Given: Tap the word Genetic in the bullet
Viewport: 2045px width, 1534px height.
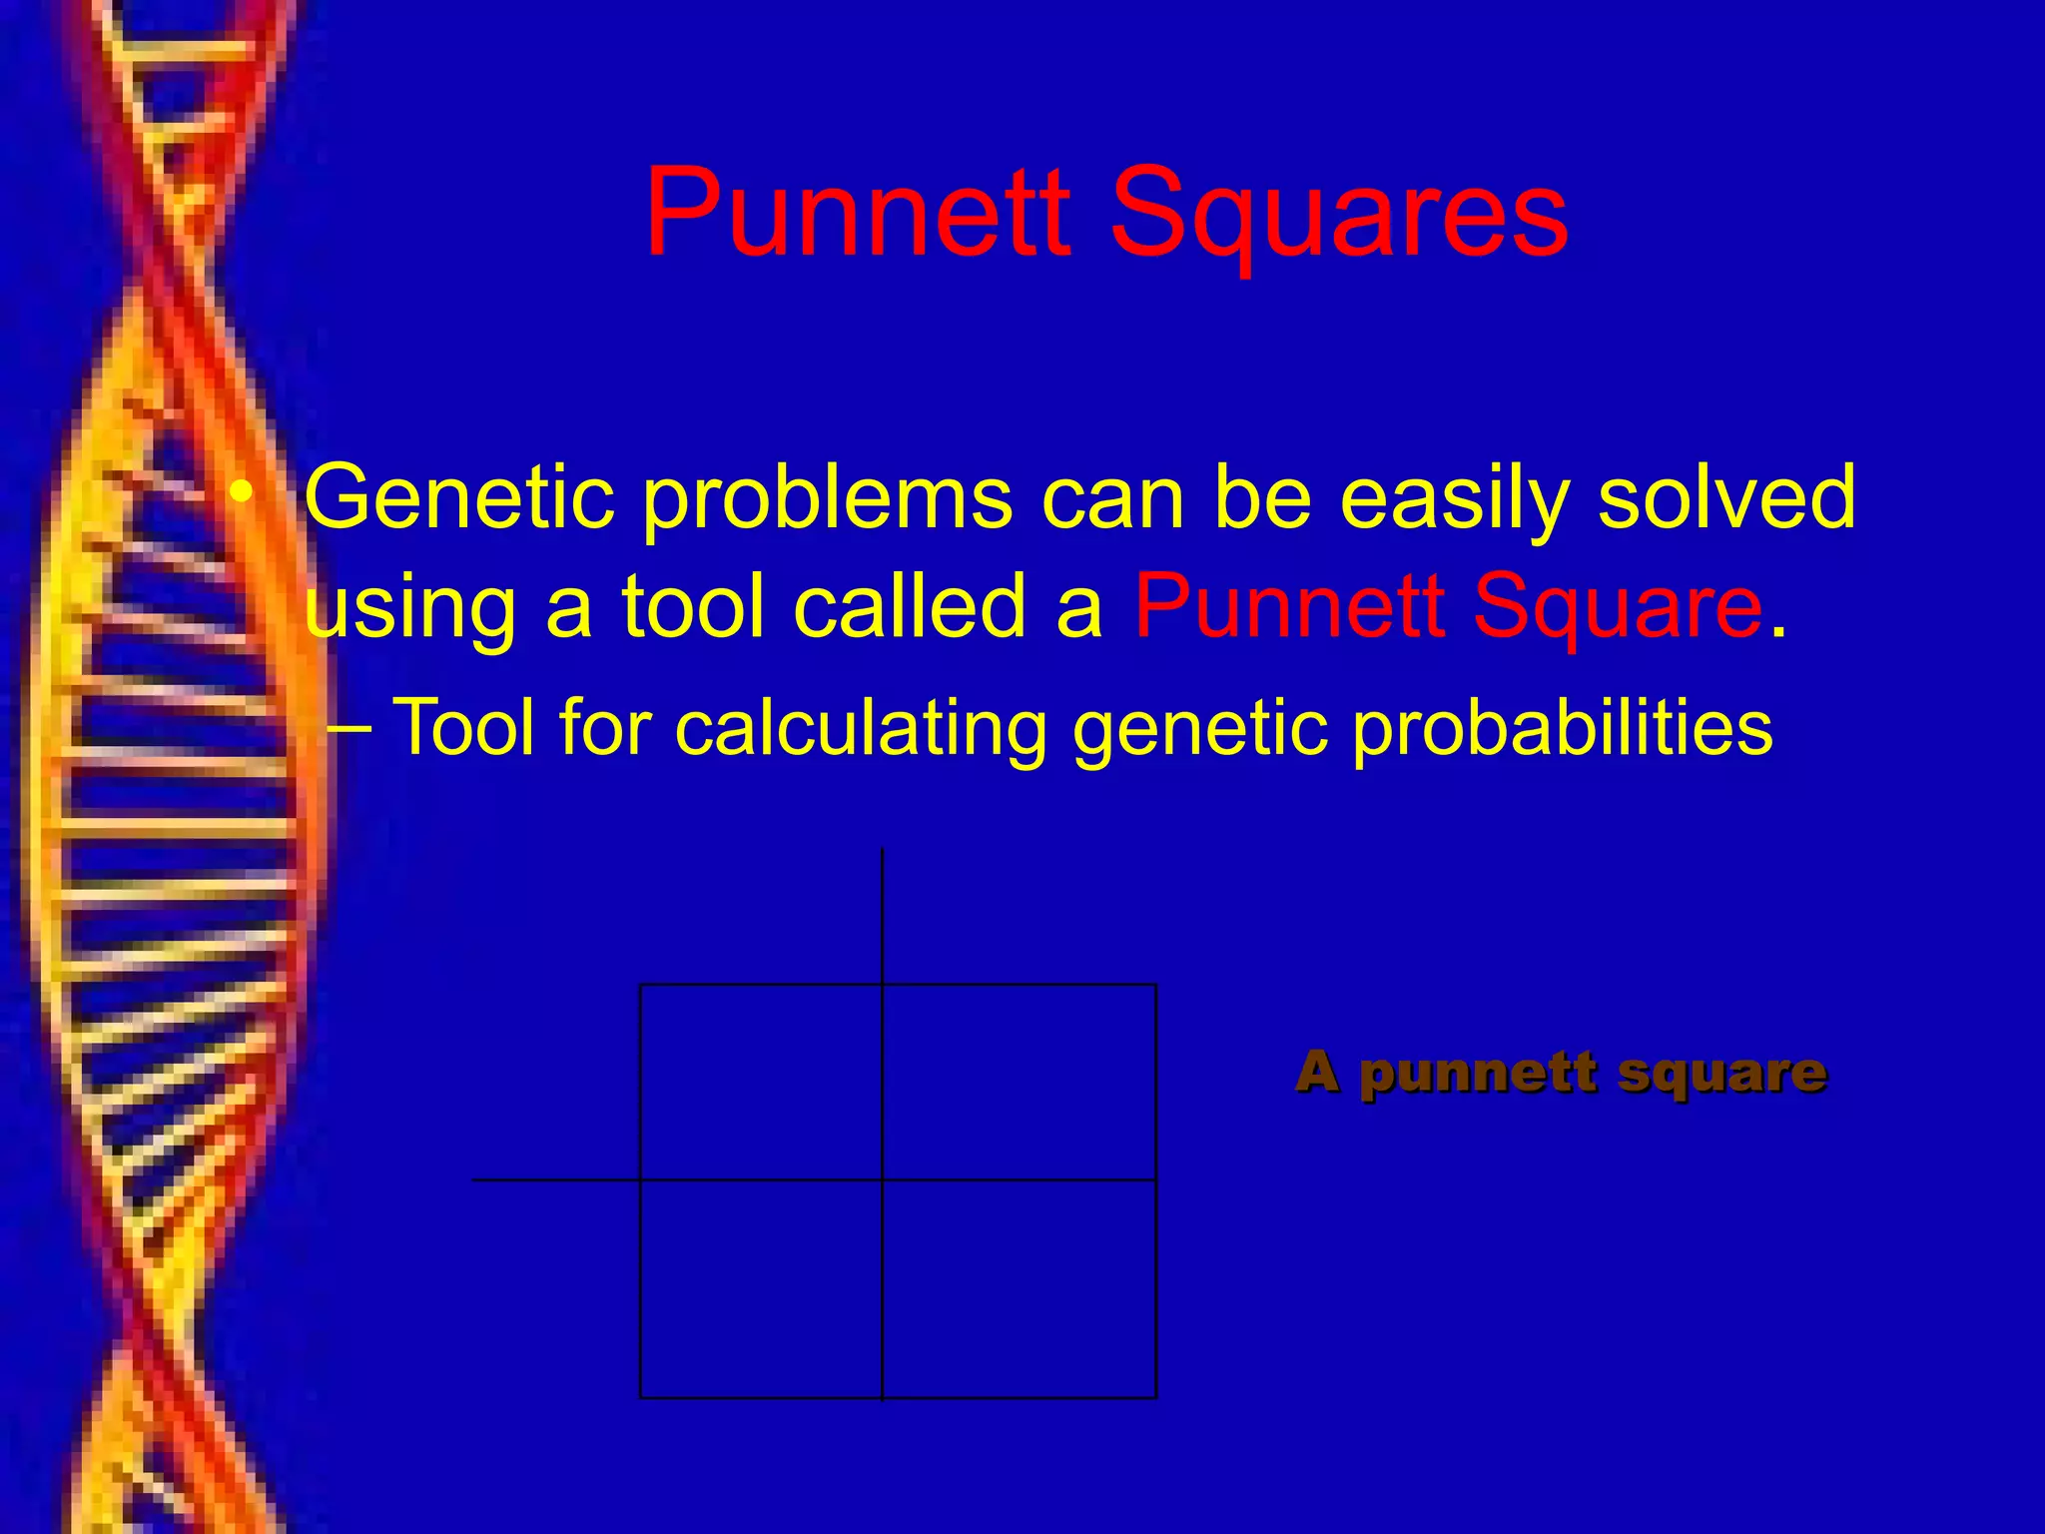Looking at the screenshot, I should coord(459,497).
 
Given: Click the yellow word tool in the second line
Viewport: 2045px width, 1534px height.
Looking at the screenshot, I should coord(698,606).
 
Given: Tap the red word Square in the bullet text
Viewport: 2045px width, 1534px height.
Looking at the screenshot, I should coord(1617,608).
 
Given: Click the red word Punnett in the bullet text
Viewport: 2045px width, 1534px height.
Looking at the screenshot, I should coord(1290,606).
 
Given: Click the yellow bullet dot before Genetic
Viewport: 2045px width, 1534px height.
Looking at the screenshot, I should coord(241,493).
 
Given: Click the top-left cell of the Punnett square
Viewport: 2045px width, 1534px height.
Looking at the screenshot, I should coord(761,1082).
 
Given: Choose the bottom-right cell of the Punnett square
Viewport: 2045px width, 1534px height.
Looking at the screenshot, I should coord(1020,1288).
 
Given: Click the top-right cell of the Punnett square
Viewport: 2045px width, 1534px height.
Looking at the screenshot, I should coord(1020,1082).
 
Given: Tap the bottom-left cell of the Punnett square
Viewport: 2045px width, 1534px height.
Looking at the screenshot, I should coord(761,1288).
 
